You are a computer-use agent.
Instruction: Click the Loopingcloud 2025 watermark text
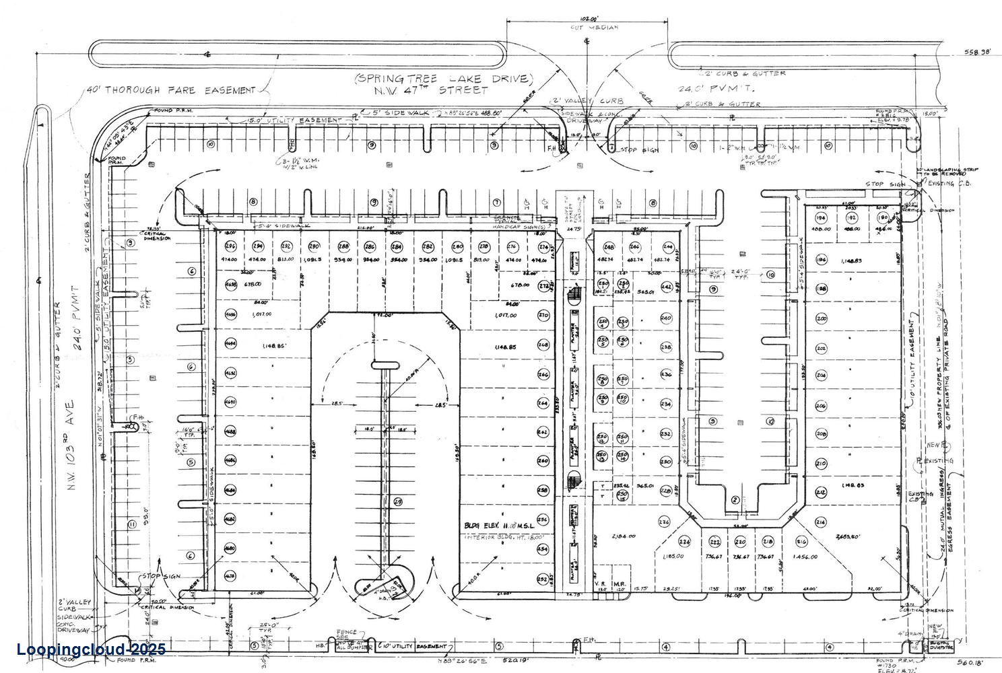coord(91,649)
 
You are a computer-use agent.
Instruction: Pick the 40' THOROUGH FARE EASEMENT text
coord(171,90)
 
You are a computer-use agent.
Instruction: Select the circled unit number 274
coord(544,246)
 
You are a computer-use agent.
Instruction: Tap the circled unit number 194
coord(821,218)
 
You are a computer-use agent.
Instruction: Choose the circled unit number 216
coord(801,542)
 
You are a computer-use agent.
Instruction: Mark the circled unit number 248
coord(609,247)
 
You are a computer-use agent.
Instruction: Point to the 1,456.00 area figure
coord(805,557)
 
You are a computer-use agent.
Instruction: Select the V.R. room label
coord(600,583)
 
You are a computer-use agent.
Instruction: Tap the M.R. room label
coord(620,583)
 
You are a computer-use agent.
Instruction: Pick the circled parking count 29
coord(397,501)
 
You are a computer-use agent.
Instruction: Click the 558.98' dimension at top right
coord(977,52)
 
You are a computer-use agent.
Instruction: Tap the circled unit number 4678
coord(230,576)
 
